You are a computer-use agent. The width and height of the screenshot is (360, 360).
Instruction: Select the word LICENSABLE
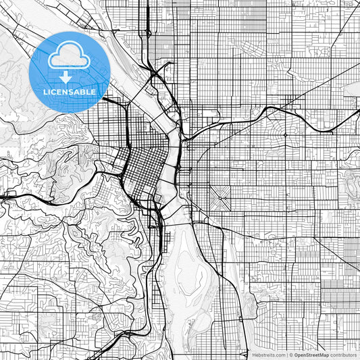pyautogui.click(x=70, y=92)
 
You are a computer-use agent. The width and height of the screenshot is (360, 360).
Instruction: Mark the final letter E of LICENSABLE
pyautogui.click(x=94, y=92)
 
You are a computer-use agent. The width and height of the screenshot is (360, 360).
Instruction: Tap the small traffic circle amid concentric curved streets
pyautogui.click(x=286, y=135)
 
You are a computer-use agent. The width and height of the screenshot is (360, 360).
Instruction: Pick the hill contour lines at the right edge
pyautogui.click(x=351, y=179)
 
